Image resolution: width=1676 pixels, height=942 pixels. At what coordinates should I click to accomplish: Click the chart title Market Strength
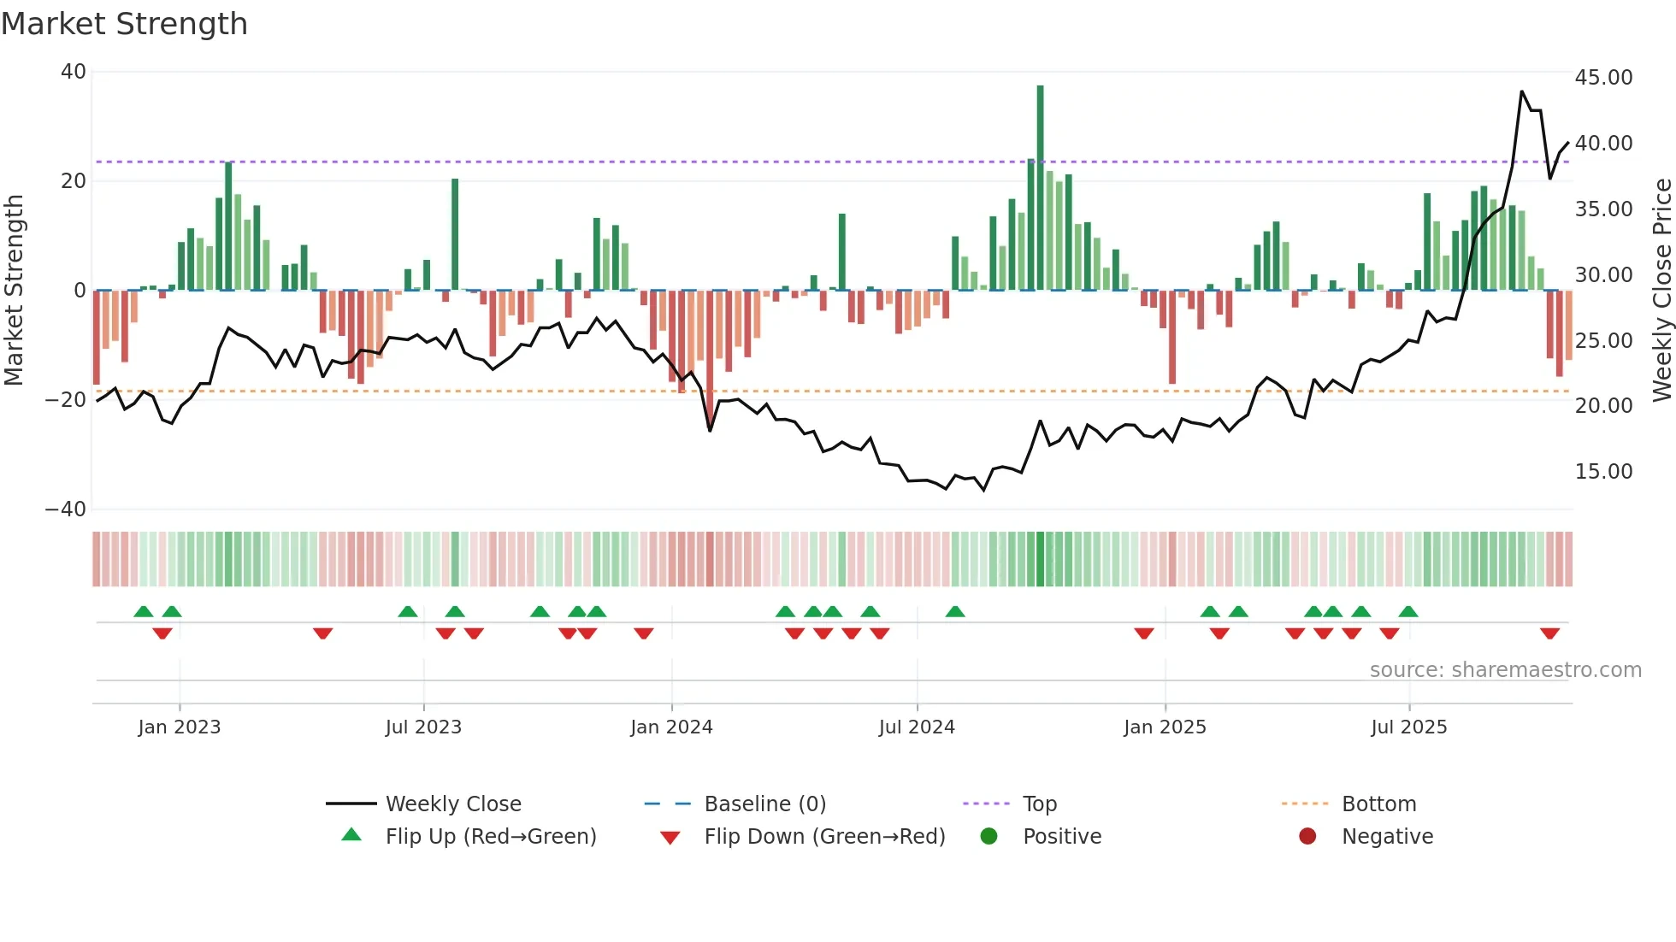[x=124, y=24]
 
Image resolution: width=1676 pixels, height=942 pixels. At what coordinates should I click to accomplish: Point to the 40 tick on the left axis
[x=74, y=72]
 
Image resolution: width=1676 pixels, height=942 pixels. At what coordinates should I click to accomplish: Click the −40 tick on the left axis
[x=66, y=509]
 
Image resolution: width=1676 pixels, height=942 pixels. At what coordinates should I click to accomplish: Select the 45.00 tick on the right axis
[x=1603, y=78]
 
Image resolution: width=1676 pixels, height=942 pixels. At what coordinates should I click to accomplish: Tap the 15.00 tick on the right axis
[x=1603, y=472]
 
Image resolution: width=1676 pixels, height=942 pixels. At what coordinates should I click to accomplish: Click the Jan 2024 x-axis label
[x=671, y=727]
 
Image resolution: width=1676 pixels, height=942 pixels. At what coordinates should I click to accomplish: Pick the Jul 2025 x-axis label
[x=1408, y=727]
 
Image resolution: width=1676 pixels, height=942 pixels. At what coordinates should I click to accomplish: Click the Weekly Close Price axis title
[x=1661, y=291]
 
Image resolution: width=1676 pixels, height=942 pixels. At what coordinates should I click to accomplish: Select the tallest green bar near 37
[x=1040, y=188]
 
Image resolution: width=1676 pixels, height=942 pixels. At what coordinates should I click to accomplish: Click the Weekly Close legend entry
[x=453, y=804]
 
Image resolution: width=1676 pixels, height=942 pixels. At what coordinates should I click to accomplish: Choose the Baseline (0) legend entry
[x=764, y=804]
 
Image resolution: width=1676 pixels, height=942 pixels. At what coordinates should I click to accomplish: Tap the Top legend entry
[x=1040, y=804]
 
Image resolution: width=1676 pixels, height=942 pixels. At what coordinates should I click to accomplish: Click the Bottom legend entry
[x=1378, y=804]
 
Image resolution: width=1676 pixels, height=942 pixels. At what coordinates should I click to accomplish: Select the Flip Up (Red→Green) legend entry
[x=490, y=837]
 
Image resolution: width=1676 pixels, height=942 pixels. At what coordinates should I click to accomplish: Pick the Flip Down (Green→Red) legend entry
[x=824, y=837]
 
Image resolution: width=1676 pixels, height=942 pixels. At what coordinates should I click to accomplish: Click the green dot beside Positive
[x=988, y=837]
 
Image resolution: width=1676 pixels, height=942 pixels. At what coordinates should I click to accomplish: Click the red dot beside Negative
[x=1307, y=837]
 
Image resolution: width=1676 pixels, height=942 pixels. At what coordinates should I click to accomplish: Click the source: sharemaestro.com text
[x=1505, y=670]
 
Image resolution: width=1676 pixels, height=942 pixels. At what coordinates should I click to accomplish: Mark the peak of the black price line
[x=1522, y=91]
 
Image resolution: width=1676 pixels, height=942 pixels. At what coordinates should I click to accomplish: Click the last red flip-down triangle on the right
[x=1549, y=633]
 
